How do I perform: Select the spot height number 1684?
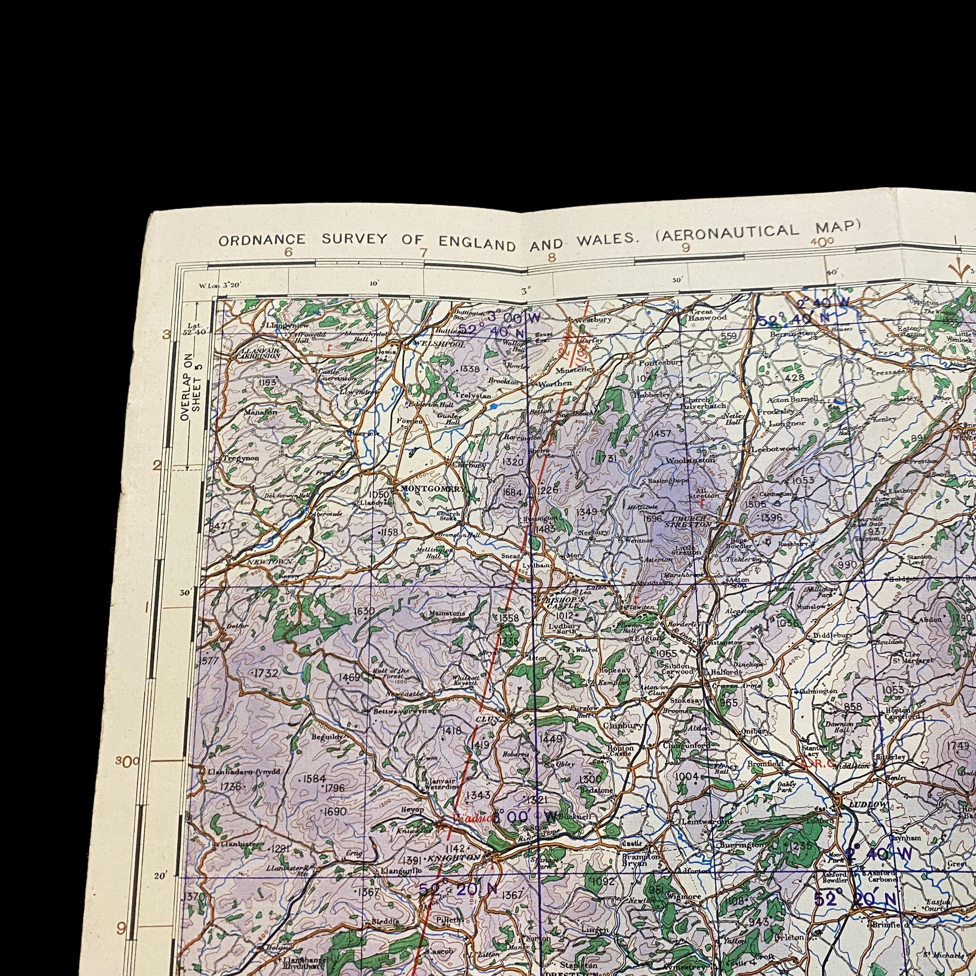[x=512, y=492]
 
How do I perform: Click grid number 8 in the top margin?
[x=551, y=257]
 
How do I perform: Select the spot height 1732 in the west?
[x=266, y=673]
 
